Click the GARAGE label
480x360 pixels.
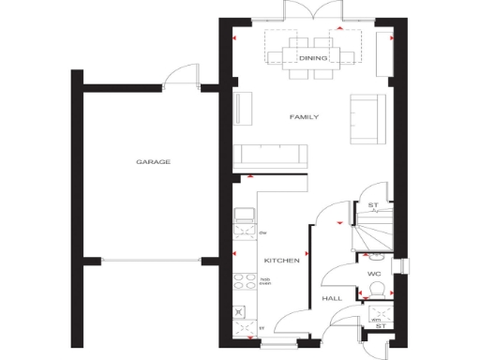153,162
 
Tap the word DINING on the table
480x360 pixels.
314,58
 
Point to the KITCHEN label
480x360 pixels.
281,260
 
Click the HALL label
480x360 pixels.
332,298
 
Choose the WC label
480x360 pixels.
373,274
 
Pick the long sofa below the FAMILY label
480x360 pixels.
272,156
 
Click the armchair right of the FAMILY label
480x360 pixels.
363,119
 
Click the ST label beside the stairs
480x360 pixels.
372,205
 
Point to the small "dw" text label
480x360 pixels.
263,232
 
